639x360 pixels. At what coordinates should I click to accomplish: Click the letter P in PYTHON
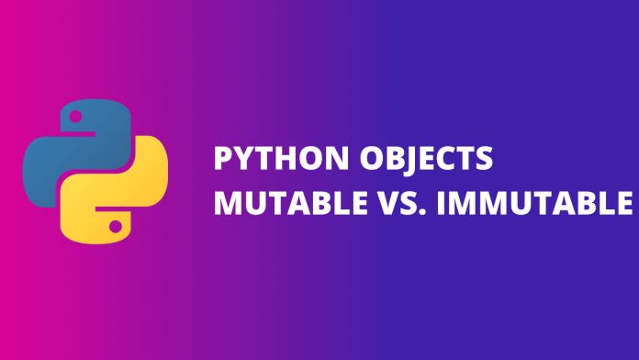[222, 160]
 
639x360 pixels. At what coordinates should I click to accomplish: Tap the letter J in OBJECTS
[423, 161]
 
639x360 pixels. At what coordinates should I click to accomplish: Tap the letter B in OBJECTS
[404, 160]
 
